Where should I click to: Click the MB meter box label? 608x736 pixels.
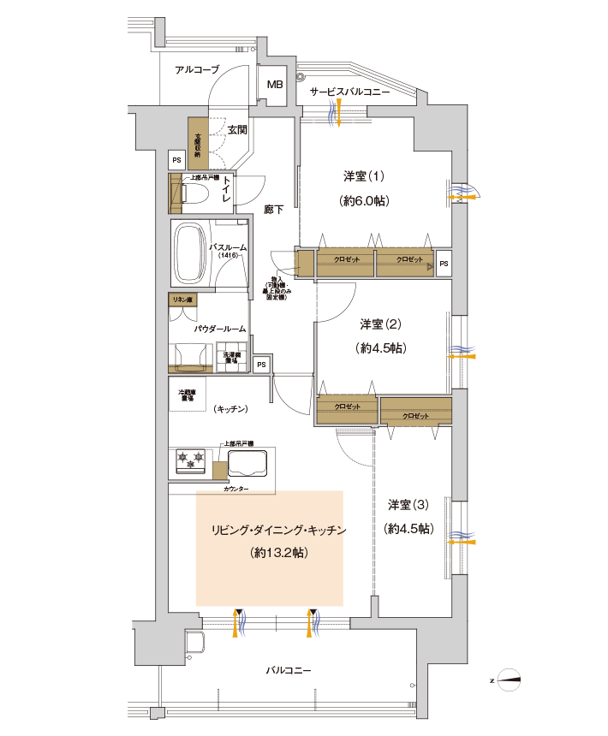tap(275, 85)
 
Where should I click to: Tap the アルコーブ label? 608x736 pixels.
tap(197, 70)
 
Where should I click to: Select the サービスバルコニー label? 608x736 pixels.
tap(349, 91)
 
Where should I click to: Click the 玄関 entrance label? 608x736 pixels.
tap(237, 130)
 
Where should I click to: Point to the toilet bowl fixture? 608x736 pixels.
tap(192, 193)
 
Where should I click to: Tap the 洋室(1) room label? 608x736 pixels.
tap(364, 176)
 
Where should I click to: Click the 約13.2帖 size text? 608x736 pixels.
tap(279, 553)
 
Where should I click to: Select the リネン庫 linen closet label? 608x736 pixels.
tap(182, 300)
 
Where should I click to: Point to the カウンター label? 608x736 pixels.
tap(236, 489)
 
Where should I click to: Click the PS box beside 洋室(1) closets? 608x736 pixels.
tap(443, 264)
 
